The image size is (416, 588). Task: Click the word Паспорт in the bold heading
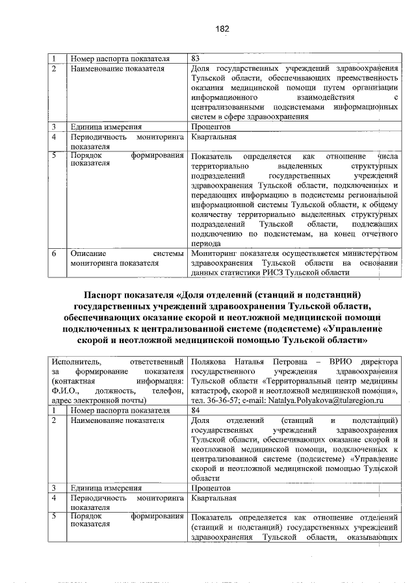(109, 296)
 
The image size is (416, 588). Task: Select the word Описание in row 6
(88, 253)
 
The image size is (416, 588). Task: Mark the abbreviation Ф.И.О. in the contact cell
(66, 391)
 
